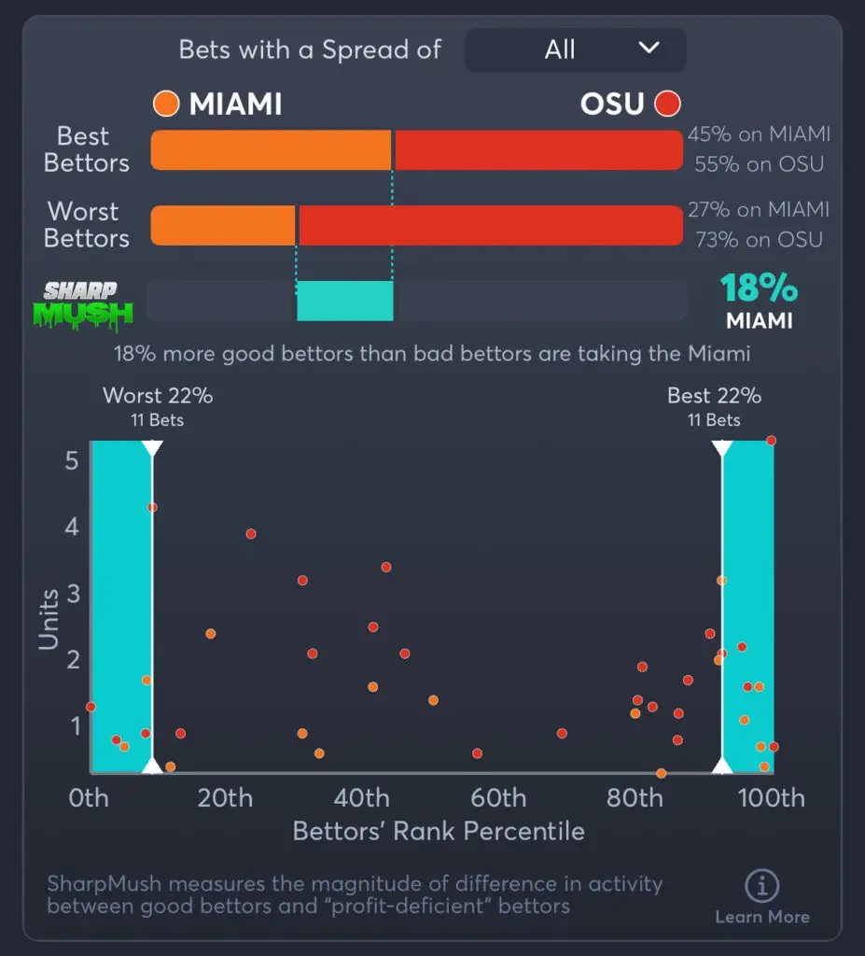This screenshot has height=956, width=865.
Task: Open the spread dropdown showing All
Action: point(575,49)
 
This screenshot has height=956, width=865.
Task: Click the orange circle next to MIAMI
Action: point(166,104)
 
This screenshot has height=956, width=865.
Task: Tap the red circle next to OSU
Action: point(667,104)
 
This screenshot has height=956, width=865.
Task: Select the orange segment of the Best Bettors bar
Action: point(271,150)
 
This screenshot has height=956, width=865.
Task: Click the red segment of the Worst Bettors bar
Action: point(491,226)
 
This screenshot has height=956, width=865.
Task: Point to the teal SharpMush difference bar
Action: point(345,301)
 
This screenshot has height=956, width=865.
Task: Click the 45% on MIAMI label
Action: point(759,134)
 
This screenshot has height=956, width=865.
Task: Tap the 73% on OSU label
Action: point(759,240)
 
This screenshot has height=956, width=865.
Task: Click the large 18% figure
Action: point(759,288)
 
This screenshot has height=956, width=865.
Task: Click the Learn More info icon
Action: point(762,887)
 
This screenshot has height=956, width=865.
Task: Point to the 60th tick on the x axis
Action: point(498,798)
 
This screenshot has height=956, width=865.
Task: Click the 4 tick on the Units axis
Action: point(72,527)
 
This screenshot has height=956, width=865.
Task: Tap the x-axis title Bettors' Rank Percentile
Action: point(439,831)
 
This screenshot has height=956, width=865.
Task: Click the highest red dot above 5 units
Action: point(771,441)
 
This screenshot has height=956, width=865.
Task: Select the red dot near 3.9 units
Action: point(251,534)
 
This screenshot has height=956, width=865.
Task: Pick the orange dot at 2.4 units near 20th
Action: point(211,634)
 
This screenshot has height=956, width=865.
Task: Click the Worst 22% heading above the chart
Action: point(158,396)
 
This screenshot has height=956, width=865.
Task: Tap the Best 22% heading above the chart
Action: point(714,396)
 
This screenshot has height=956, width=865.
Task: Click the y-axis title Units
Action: point(49,619)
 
